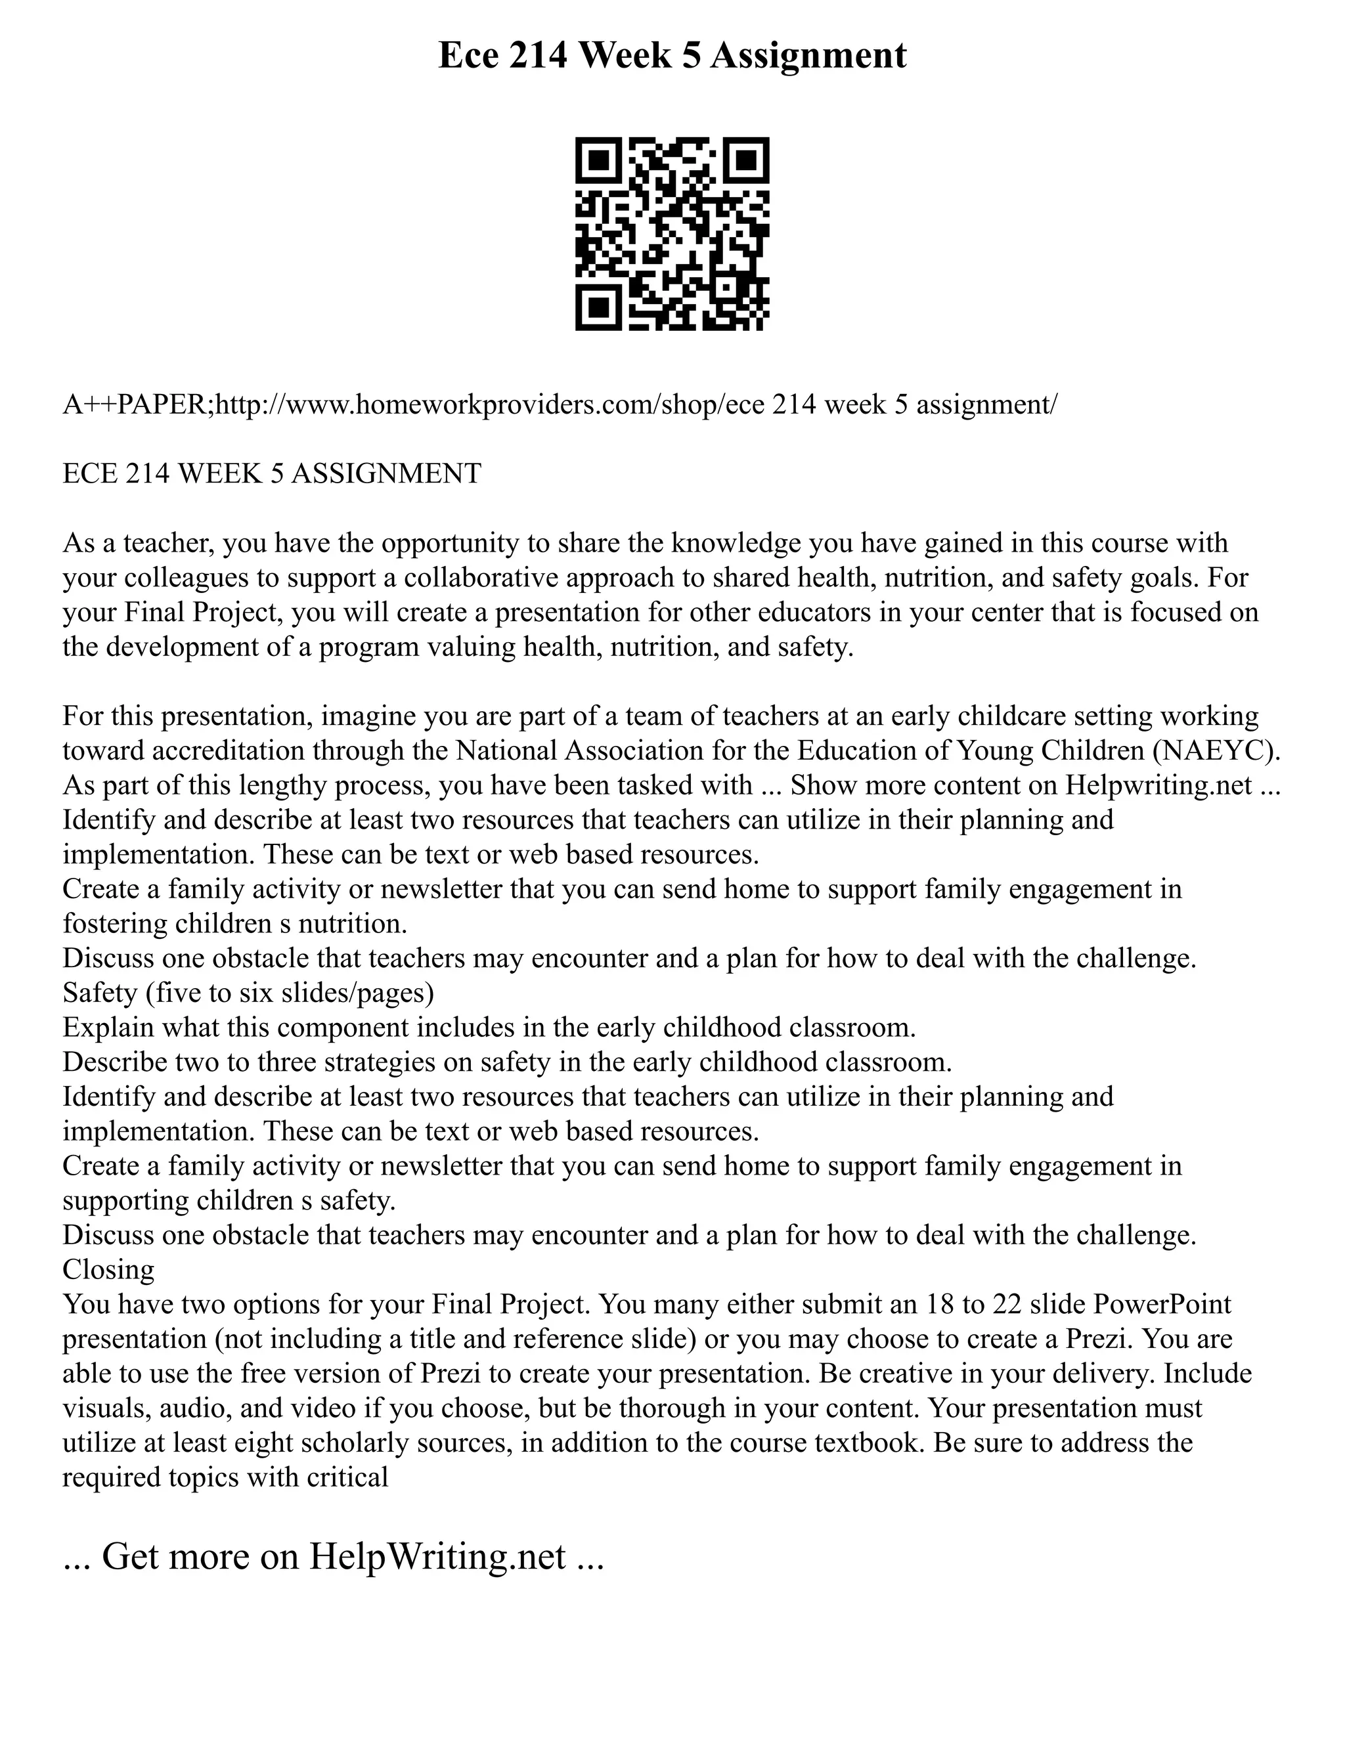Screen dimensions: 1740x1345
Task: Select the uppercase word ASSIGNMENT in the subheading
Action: [x=386, y=473]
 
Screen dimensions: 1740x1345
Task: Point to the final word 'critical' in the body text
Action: [x=351, y=1477]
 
